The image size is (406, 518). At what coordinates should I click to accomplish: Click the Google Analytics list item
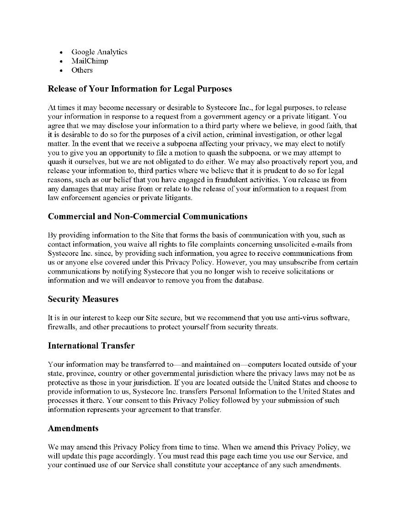tap(99, 52)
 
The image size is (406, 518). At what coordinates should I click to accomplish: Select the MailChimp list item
tap(90, 61)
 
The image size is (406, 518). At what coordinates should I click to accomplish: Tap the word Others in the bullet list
tap(82, 70)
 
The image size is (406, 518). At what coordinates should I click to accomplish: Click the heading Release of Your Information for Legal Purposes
tap(140, 89)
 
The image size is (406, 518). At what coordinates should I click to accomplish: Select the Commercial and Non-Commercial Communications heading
tap(148, 216)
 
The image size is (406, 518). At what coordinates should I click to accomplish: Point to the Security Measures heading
tap(83, 299)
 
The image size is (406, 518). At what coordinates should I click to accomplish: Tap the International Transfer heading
tap(91, 346)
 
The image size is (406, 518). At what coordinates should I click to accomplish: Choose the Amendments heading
tap(73, 428)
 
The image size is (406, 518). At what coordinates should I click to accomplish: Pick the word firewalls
tap(61, 327)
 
